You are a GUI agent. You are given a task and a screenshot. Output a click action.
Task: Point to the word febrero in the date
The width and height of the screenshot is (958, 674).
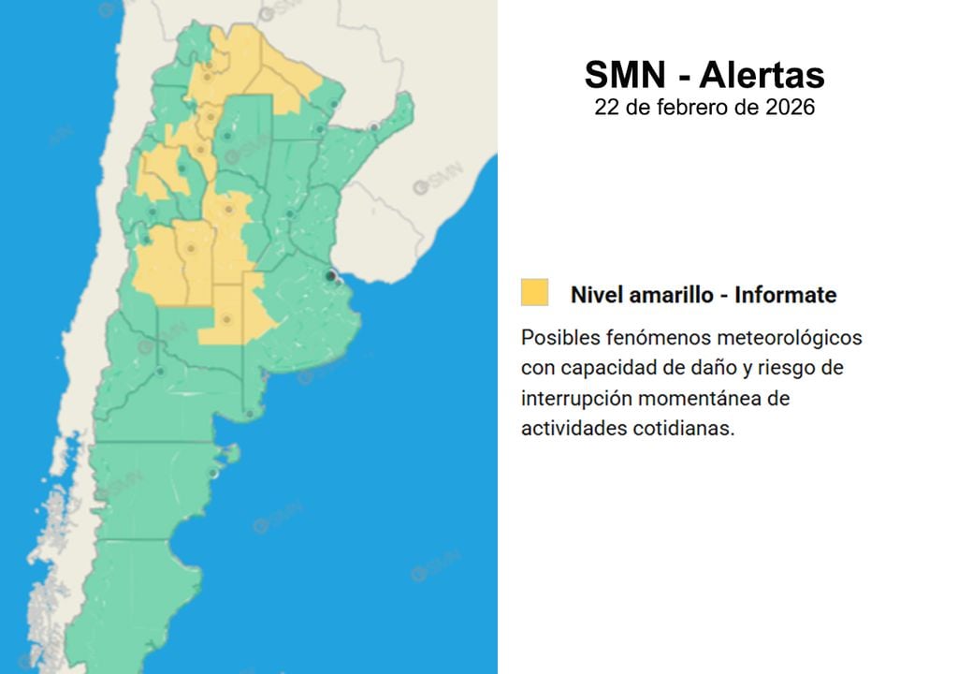695,108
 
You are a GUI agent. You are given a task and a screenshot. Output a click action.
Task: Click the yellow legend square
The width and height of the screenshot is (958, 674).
535,292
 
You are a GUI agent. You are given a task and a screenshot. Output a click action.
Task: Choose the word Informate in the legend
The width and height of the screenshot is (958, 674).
786,295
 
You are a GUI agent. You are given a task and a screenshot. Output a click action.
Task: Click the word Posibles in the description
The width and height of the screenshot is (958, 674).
560,336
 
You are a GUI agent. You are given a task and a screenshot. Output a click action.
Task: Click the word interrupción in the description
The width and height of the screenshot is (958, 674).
575,399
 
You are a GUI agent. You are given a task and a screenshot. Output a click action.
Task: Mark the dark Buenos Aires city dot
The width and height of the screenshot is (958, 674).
330,276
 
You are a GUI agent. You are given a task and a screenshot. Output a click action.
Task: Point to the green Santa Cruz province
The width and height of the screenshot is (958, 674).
140,580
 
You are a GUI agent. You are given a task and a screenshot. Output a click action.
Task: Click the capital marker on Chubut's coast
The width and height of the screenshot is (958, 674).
213,473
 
